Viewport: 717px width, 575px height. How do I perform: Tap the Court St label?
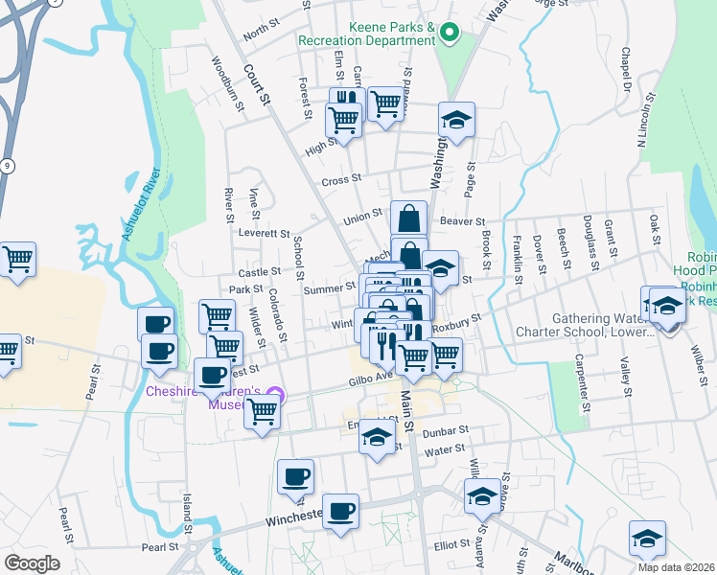[x=253, y=78]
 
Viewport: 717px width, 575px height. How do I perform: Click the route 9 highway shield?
[x=8, y=167]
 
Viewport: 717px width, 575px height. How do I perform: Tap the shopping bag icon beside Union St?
[x=408, y=218]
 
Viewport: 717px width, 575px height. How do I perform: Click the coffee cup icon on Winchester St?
[x=340, y=511]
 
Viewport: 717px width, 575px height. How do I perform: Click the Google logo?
[x=31, y=563]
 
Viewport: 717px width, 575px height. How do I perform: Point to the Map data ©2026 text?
[x=676, y=566]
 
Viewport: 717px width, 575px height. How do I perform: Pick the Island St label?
[x=188, y=513]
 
